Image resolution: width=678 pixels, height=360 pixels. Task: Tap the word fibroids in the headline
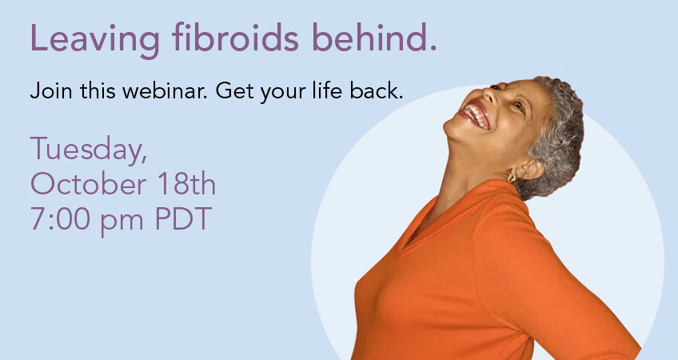point(235,38)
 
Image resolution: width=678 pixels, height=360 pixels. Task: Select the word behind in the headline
point(374,38)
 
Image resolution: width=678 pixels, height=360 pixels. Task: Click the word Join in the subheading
point(51,91)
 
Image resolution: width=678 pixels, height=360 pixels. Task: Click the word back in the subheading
point(377,90)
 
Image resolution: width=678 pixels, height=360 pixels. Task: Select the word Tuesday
point(89,150)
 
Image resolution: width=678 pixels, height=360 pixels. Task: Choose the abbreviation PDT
point(183,218)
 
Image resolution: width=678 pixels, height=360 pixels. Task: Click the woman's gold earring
point(512,177)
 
